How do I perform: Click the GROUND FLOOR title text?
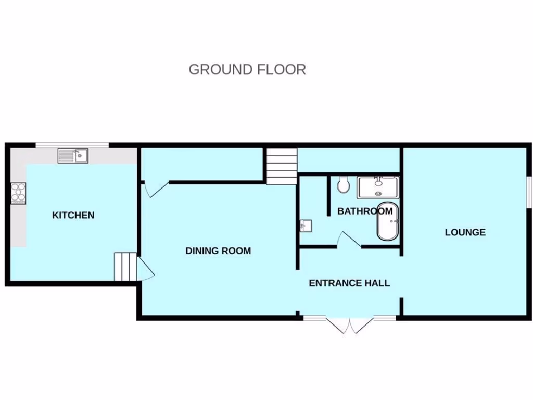click(247, 69)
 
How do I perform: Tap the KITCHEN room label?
click(73, 215)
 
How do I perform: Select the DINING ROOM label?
click(218, 251)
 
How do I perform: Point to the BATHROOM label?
click(364, 211)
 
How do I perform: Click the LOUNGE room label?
click(465, 232)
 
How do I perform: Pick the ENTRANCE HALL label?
click(349, 283)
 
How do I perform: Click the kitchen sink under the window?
click(73, 155)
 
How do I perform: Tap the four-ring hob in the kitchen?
click(18, 192)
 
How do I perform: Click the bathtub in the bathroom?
click(387, 222)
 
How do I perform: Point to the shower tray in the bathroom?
click(378, 187)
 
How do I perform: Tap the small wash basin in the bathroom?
click(306, 226)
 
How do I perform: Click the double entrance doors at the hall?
click(350, 324)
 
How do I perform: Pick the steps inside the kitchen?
click(125, 267)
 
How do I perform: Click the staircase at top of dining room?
click(282, 166)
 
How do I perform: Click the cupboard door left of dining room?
click(154, 189)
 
